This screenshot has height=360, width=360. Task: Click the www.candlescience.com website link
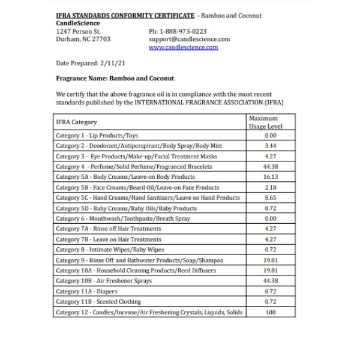(x=183, y=47)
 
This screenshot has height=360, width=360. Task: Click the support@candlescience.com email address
(x=189, y=39)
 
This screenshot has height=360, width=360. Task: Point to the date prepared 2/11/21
(x=90, y=62)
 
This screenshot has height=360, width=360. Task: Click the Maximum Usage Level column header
(x=265, y=122)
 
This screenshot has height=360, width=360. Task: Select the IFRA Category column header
(x=76, y=122)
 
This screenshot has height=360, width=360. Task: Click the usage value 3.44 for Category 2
(x=270, y=146)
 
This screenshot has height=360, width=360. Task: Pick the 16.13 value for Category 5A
(x=270, y=177)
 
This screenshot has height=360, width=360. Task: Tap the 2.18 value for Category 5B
(x=270, y=187)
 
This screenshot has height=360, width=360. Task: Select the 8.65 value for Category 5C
(x=270, y=197)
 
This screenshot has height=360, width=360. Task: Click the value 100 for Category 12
(x=270, y=312)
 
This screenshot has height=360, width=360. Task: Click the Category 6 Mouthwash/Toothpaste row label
(x=123, y=218)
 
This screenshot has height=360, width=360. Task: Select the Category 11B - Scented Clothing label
(x=98, y=302)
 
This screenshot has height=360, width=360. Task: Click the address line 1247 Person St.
(x=79, y=31)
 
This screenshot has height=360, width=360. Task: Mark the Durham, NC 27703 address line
(x=83, y=39)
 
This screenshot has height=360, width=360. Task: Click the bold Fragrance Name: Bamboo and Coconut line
(x=115, y=78)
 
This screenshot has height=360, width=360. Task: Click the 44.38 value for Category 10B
(x=270, y=281)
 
